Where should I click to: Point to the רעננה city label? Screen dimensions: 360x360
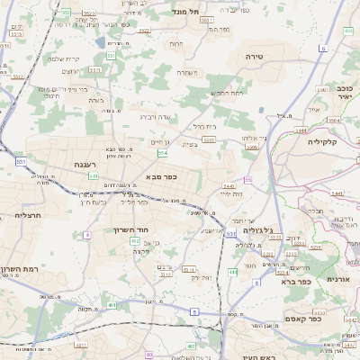(85, 166)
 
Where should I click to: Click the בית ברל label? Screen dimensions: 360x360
(205, 127)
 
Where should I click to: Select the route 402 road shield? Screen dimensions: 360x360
(135, 241)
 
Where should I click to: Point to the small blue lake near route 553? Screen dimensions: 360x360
(98, 41)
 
